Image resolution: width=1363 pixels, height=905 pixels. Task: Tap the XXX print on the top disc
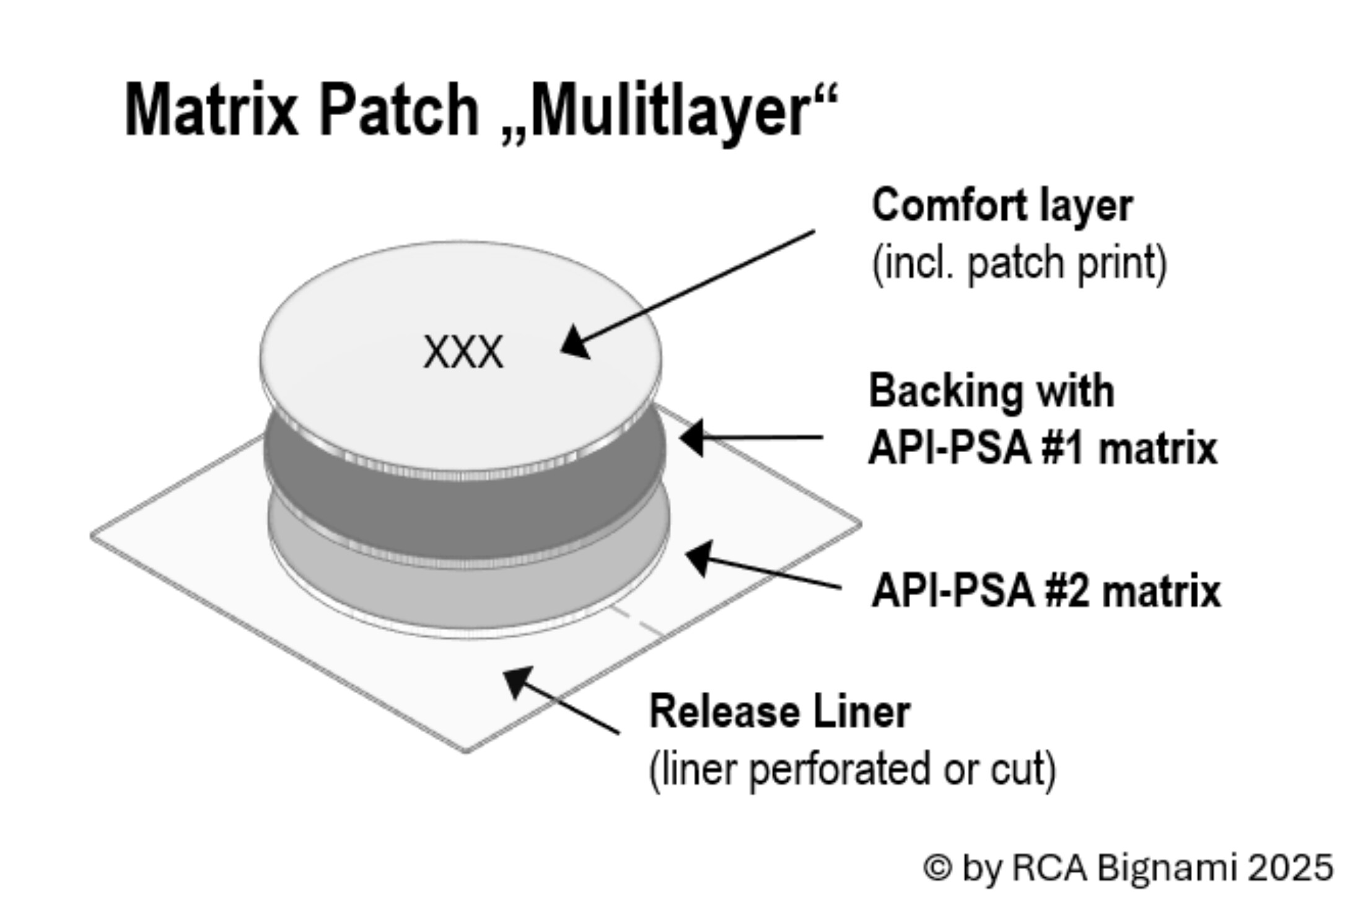pos(463,352)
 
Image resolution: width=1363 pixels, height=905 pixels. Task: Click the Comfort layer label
pos(1002,205)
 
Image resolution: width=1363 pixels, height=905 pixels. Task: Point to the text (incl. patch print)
pos(1019,263)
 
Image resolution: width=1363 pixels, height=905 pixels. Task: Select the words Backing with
pos(991,391)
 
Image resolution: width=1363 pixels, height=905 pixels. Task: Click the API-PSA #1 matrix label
pos(1043,447)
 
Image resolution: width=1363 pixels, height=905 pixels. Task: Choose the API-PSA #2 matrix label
pos(1046,590)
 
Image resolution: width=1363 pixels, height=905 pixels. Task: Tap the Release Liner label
pos(779,711)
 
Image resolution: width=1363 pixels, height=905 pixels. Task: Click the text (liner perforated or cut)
pos(852,769)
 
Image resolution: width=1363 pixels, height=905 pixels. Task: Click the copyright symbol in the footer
pos(937,867)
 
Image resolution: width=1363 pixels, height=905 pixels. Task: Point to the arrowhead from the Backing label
pos(693,437)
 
